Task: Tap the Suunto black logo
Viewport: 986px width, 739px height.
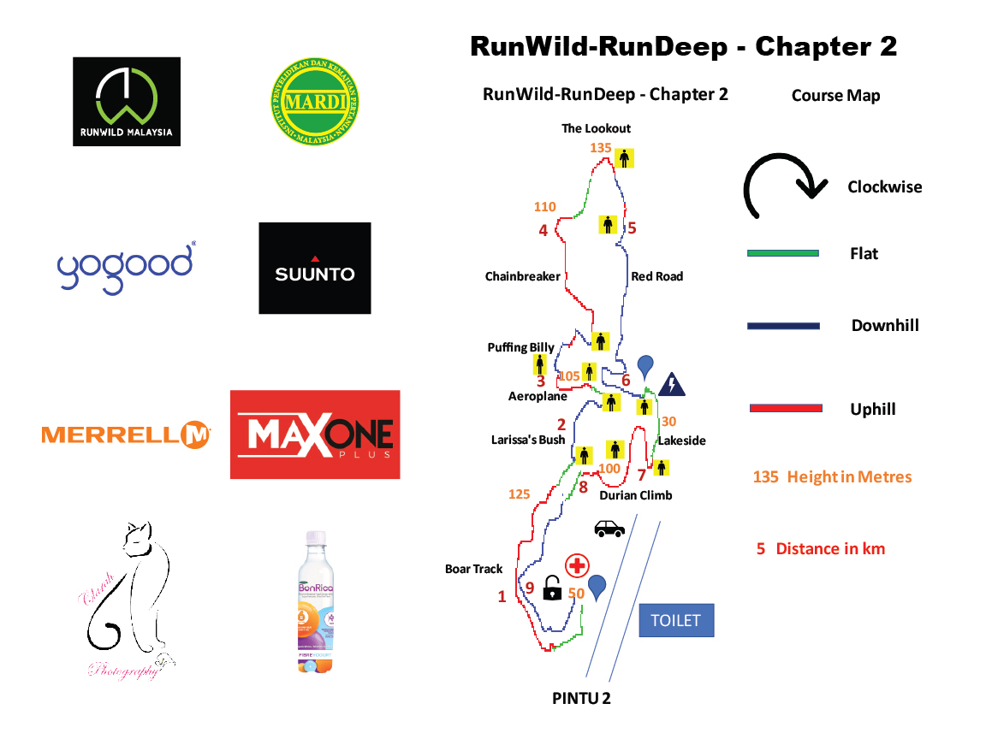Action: (315, 268)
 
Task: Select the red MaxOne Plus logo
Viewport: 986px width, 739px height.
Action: (315, 435)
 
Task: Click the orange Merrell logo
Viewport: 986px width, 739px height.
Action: (126, 435)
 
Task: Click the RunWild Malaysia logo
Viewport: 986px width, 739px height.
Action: (127, 102)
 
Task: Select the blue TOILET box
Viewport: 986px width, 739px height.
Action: (675, 620)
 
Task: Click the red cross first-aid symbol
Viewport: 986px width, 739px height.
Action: (578, 565)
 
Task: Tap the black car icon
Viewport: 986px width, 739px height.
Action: (609, 529)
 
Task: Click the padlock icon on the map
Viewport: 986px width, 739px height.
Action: (553, 588)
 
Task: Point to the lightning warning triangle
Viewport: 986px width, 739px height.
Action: (672, 385)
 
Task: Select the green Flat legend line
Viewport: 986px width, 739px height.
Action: (783, 253)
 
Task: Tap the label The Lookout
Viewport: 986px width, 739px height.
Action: (596, 128)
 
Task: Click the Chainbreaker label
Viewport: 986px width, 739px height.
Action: (522, 276)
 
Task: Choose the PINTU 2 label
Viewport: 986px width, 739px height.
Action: (581, 698)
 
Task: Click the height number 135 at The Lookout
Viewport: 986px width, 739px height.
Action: (601, 148)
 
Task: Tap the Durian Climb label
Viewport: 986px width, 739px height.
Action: (635, 495)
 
